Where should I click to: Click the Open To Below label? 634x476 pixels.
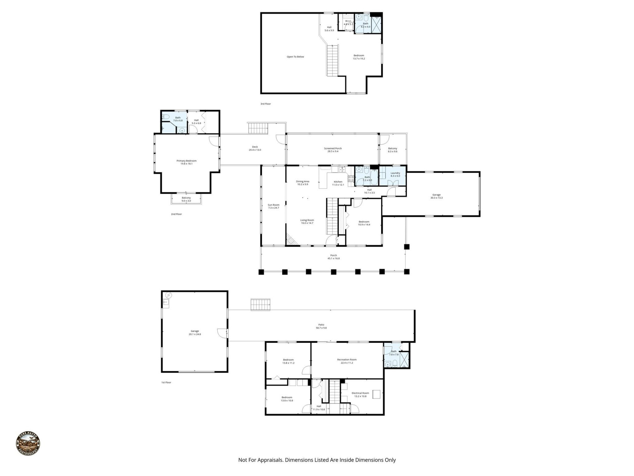coord(295,57)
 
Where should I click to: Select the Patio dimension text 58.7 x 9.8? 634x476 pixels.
coord(321,328)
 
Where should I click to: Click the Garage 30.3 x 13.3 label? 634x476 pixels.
coord(436,196)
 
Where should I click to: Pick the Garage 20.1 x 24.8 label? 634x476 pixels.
coord(195,333)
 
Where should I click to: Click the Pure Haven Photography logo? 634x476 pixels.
coord(28,444)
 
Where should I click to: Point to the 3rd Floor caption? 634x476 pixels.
coord(265,104)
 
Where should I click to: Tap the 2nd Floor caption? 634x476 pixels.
coord(176,214)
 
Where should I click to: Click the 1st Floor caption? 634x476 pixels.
coord(166,382)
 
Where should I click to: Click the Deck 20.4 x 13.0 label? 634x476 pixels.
coord(255,148)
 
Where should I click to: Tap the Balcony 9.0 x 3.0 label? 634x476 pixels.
coord(186,199)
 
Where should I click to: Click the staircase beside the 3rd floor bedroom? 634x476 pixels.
coord(333,60)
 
